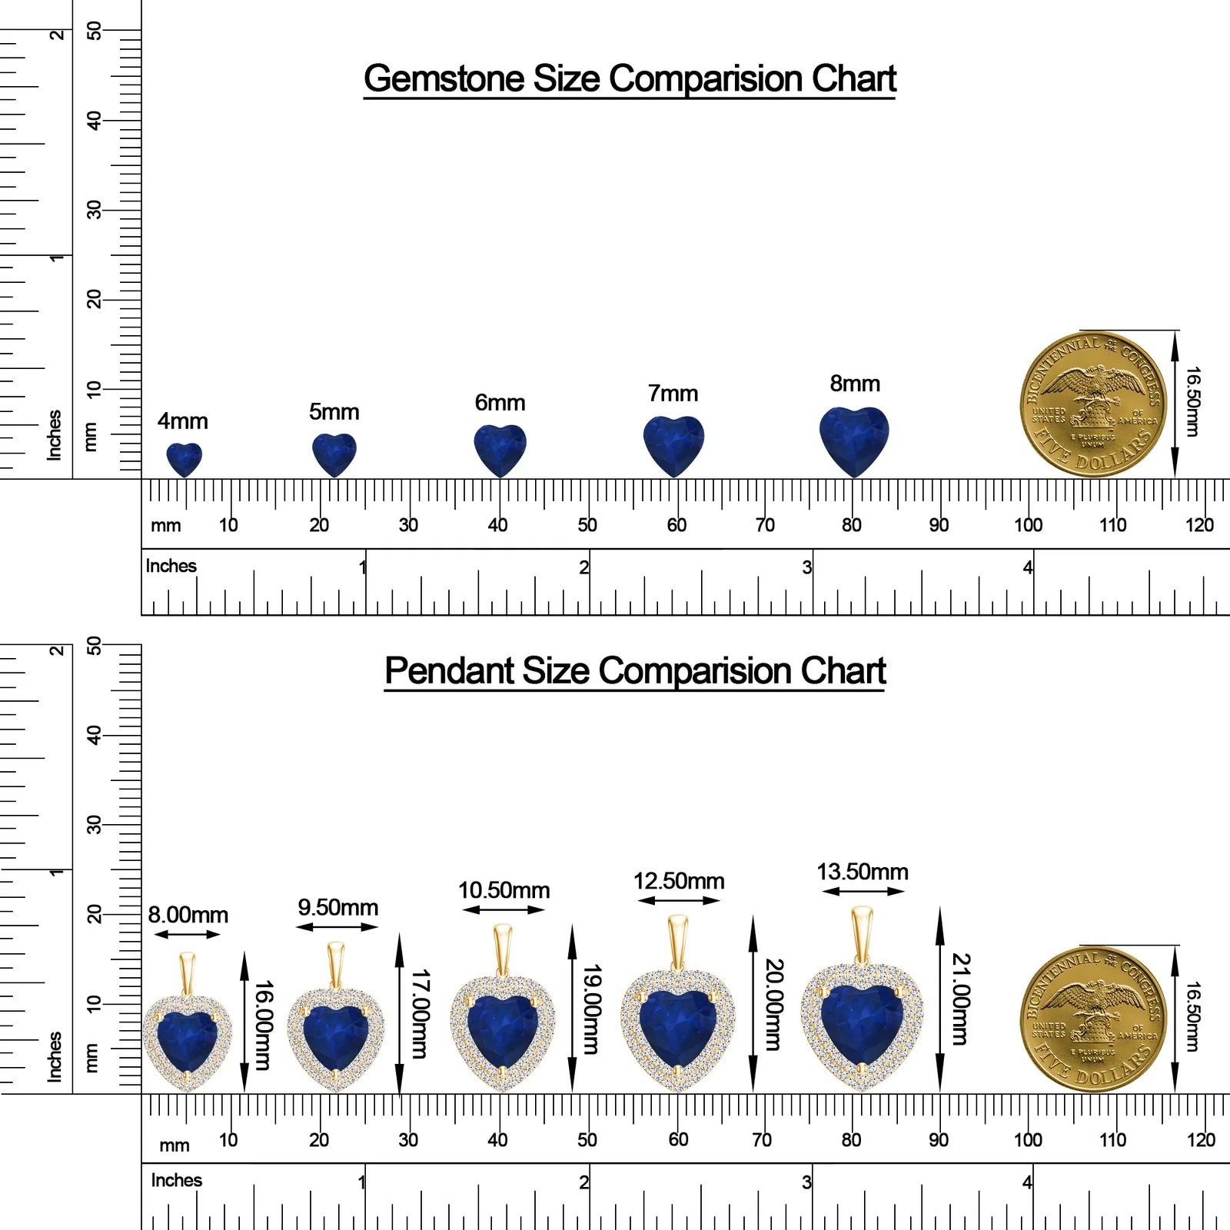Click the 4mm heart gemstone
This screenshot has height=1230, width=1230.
point(184,460)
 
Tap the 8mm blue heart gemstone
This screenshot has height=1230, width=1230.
point(854,441)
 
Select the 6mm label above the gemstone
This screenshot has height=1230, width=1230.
point(500,403)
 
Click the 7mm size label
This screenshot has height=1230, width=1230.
point(673,394)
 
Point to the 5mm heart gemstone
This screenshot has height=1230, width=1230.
point(334,455)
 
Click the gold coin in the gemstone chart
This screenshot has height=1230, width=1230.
point(1092,405)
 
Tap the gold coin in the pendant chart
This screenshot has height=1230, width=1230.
point(1092,1019)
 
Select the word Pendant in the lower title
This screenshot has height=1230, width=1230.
point(449,670)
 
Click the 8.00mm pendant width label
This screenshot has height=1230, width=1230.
point(188,915)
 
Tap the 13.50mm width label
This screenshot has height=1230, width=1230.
point(863,872)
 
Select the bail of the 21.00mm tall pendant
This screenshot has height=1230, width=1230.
point(862,935)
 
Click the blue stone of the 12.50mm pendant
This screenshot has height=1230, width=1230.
point(677,1029)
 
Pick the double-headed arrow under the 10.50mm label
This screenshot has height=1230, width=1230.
point(504,910)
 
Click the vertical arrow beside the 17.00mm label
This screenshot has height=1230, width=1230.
point(399,1013)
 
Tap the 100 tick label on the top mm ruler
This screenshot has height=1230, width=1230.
point(1028,525)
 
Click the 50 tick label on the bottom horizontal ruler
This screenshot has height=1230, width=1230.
point(587,1139)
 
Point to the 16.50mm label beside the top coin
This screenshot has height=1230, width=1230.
point(1192,401)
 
